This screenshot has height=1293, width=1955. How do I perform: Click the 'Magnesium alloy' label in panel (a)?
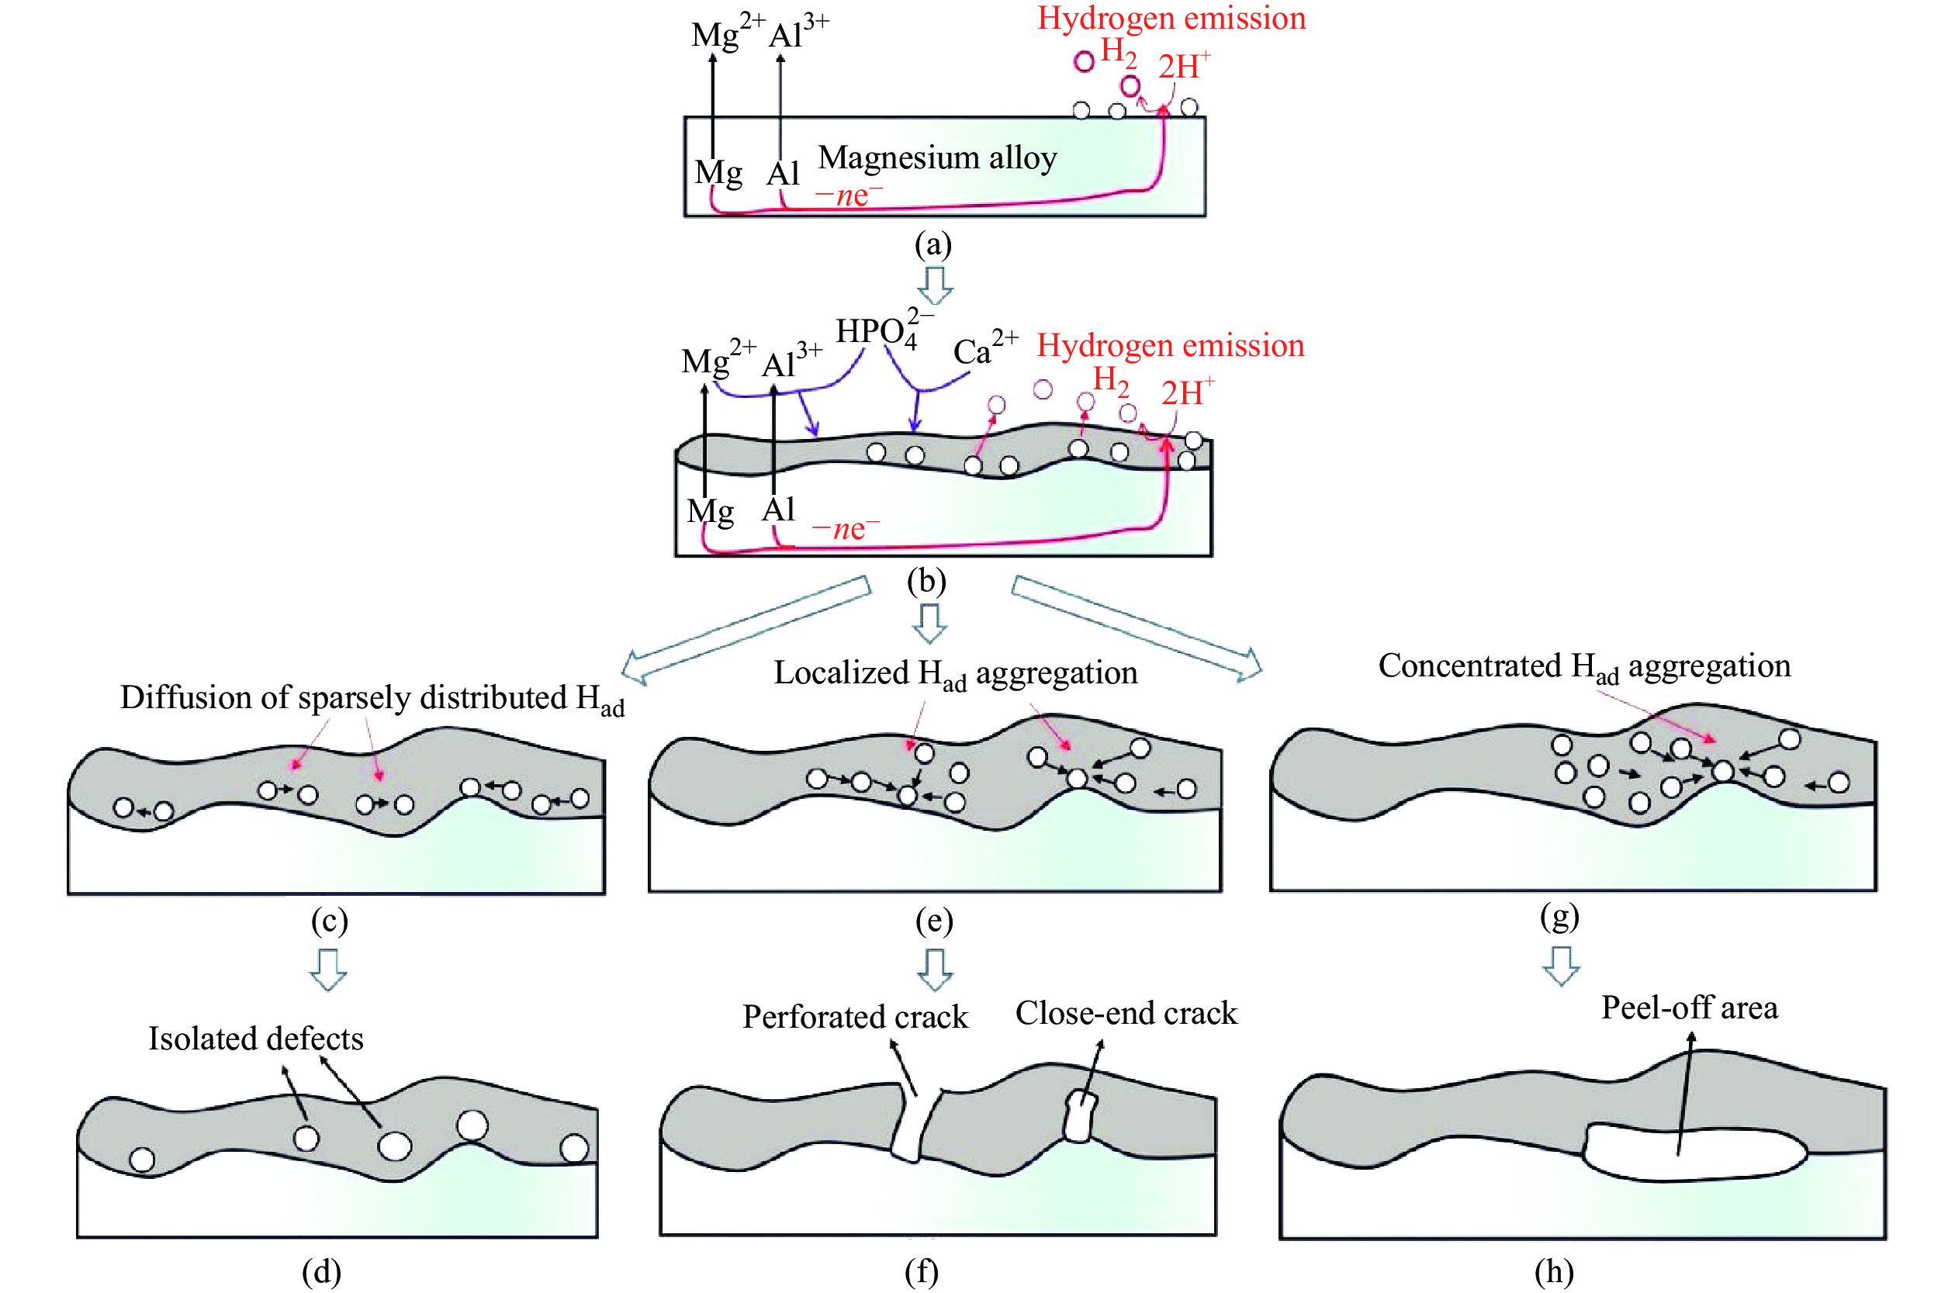click(936, 157)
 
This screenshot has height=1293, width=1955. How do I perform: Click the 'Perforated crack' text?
click(855, 1017)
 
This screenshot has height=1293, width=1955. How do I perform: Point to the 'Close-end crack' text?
click(1126, 1013)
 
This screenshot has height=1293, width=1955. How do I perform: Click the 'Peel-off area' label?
click(1689, 1008)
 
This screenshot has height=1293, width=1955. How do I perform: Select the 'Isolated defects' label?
click(255, 1038)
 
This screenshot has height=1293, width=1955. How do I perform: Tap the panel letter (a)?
click(933, 244)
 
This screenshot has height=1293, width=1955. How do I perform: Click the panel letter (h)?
click(1553, 1271)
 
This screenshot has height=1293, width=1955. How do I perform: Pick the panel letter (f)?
click(921, 1271)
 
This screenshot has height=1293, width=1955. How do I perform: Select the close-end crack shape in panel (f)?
click(1079, 1116)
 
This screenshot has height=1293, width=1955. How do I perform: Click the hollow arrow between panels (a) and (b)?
click(935, 285)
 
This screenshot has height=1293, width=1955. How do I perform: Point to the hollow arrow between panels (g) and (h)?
click(1561, 965)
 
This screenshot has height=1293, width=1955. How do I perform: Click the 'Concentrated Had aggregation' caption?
click(1584, 666)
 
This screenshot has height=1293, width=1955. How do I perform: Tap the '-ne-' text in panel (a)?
click(849, 195)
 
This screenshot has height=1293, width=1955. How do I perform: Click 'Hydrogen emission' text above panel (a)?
click(1171, 18)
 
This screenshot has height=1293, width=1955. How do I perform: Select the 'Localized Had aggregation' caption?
click(955, 674)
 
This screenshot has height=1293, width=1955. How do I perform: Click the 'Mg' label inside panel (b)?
click(710, 511)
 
